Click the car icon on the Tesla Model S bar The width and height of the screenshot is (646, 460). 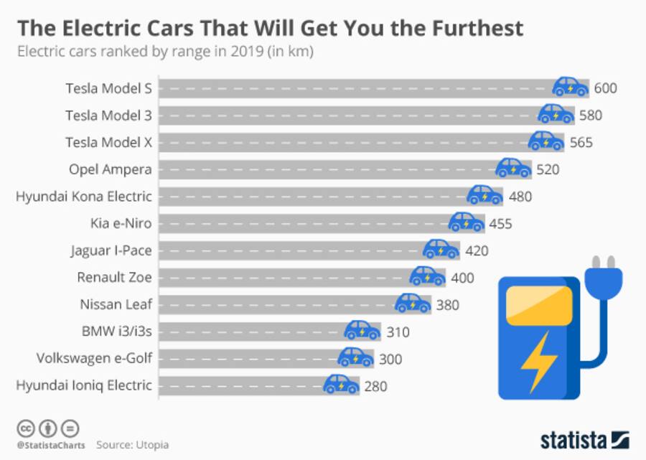[x=571, y=88]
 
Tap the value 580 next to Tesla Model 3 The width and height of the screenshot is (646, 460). [x=590, y=115]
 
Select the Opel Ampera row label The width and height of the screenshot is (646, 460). [x=110, y=169]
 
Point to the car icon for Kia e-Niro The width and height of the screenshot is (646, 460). [x=467, y=222]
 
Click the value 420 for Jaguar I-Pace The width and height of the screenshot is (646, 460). [x=476, y=250]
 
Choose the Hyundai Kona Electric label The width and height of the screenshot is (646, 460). [x=84, y=196]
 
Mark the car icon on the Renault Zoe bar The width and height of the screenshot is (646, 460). [x=427, y=277]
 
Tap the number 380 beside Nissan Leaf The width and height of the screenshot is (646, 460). [x=447, y=305]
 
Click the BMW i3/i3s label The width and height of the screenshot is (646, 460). [x=116, y=332]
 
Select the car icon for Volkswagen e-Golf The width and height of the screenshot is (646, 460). [x=355, y=357]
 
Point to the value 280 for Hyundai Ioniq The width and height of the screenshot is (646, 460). [x=375, y=387]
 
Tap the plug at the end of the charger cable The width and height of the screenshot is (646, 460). [x=603, y=276]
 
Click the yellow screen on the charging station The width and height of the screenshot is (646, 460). [x=540, y=301]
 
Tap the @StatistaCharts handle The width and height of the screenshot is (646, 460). [x=50, y=445]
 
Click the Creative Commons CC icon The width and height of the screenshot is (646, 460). [x=25, y=428]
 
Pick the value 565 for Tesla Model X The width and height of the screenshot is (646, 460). [x=581, y=142]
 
